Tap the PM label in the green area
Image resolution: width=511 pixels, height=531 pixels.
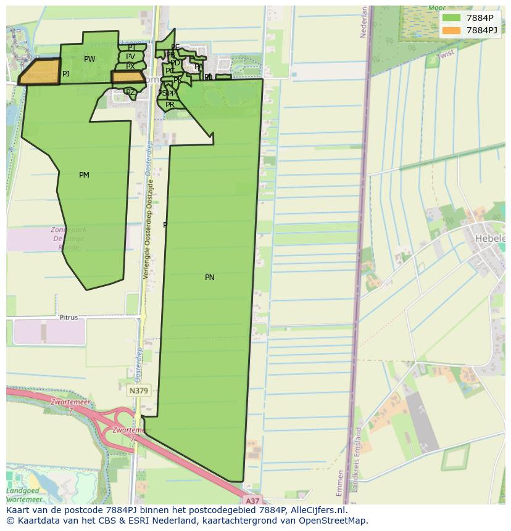coord(84,175)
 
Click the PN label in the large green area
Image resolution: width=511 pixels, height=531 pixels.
coord(210,278)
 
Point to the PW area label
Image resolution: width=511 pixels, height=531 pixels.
coord(89,59)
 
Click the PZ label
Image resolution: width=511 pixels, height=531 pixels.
coord(130,93)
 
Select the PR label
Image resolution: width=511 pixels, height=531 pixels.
coord(170,105)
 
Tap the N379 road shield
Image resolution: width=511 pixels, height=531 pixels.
coord(138,391)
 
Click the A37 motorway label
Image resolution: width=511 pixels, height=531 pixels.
coord(252,500)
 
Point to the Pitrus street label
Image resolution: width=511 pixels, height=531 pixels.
coord(69,318)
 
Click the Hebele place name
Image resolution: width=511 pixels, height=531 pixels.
coord(489,239)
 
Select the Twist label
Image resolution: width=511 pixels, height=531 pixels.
coord(446,55)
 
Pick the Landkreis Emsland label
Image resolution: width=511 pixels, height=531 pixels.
coord(355,459)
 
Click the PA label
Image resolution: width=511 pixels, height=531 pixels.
coord(199,67)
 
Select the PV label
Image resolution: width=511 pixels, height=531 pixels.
coord(130,57)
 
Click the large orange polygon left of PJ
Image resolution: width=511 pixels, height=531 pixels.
coord(40,72)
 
